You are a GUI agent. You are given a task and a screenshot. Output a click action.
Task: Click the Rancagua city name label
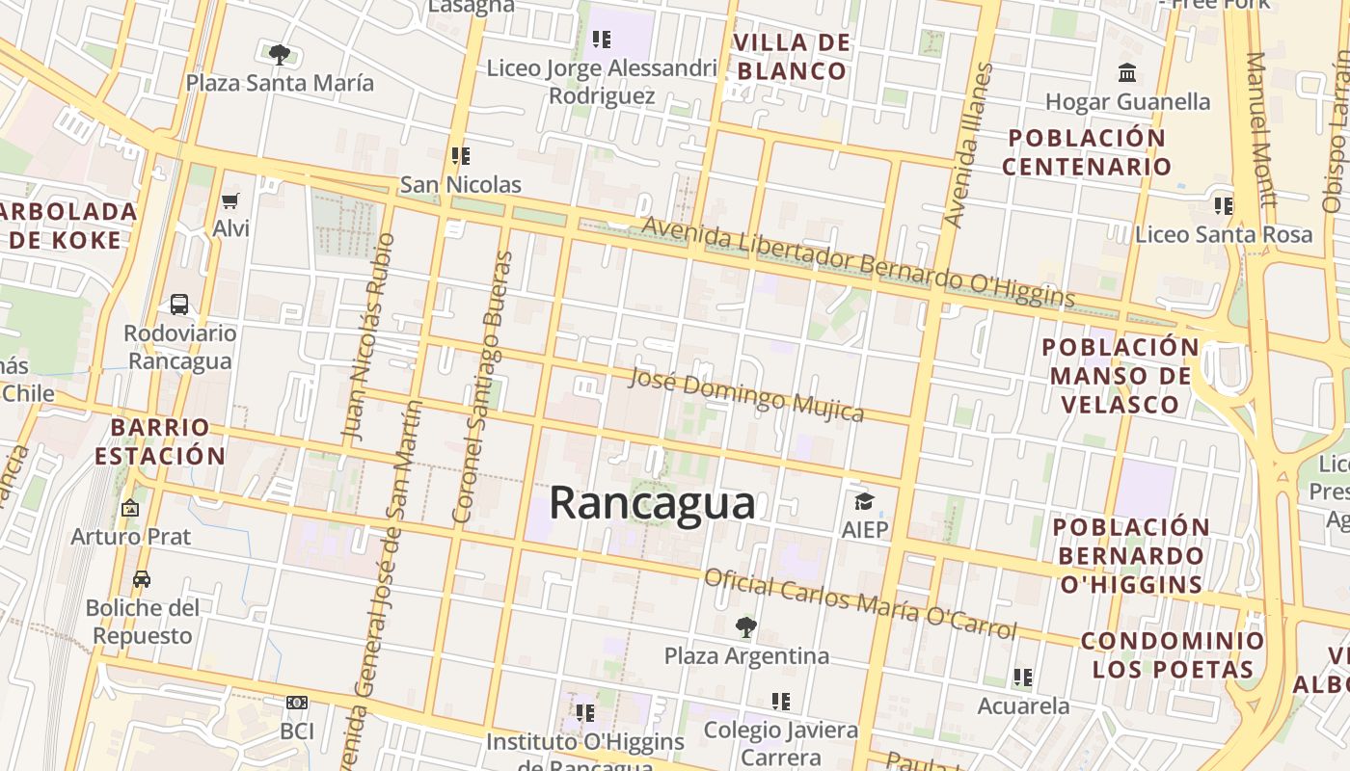pos(652,504)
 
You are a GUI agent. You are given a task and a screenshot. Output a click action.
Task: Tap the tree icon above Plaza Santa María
pos(280,54)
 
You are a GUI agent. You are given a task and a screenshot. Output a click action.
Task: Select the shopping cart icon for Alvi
pos(230,200)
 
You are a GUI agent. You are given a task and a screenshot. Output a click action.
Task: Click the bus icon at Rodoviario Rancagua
pos(179,305)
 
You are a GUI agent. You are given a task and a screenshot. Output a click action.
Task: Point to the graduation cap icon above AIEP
pos(864,501)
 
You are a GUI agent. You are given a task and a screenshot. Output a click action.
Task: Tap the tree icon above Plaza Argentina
pos(745,627)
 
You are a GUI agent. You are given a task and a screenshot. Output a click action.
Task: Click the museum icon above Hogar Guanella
pos(1126,73)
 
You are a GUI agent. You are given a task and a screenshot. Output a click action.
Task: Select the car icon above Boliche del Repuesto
pos(142,579)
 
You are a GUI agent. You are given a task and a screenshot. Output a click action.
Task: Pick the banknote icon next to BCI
pos(297,704)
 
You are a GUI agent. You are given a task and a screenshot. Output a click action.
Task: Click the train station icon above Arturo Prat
pos(130,508)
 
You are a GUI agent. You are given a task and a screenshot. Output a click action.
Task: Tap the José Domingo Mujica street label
pos(745,394)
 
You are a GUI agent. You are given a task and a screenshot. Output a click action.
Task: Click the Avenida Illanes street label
pos(968,145)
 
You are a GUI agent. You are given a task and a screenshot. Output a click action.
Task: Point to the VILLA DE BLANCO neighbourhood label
pos(792,57)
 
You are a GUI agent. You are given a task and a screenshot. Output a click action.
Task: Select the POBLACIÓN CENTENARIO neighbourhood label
pos(1086,152)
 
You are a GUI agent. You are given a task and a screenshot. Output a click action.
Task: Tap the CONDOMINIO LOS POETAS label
pos(1172,655)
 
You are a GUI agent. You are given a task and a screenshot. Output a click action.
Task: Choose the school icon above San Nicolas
pos(461,155)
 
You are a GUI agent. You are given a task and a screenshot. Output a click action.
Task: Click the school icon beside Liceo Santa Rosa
pos(1224,205)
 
